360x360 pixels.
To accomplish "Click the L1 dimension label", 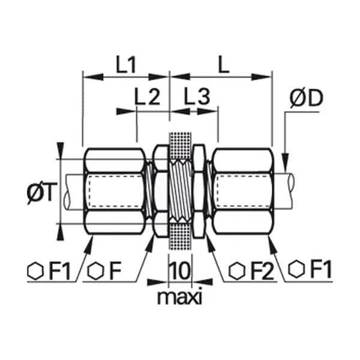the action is pyautogui.click(x=126, y=65).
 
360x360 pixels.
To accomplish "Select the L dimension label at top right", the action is pyautogui.click(x=223, y=65).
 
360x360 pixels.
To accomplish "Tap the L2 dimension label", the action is pyautogui.click(x=147, y=97).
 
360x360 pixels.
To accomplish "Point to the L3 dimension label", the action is pyautogui.click(x=197, y=97).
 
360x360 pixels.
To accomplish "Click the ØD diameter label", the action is pyautogui.click(x=306, y=98).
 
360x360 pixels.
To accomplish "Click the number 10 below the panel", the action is pyautogui.click(x=180, y=271).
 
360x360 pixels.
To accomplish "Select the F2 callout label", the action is pyautogui.click(x=262, y=271).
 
